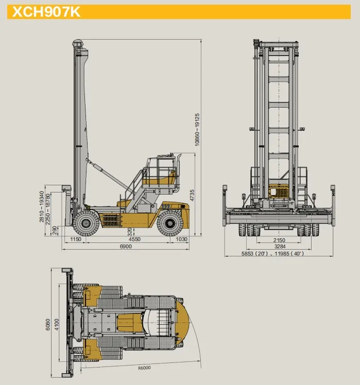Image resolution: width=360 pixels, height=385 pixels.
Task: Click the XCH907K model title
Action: pos(46,11)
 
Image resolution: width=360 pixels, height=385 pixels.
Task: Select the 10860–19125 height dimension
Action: pos(197,130)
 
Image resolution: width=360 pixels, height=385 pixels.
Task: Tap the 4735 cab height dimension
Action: pos(192,195)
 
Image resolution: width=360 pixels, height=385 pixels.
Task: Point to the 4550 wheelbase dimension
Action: pos(134,239)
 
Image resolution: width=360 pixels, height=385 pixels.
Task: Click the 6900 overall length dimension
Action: pos(126,246)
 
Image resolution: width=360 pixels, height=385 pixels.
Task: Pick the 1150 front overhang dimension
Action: pos(75,239)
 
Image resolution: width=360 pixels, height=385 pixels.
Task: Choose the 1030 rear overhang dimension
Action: pos(182,239)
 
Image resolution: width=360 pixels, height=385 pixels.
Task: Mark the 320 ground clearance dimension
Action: pos(130,232)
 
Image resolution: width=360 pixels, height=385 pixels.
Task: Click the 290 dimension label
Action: pos(55,230)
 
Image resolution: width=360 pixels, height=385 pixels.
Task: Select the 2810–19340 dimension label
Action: pos(42,207)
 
